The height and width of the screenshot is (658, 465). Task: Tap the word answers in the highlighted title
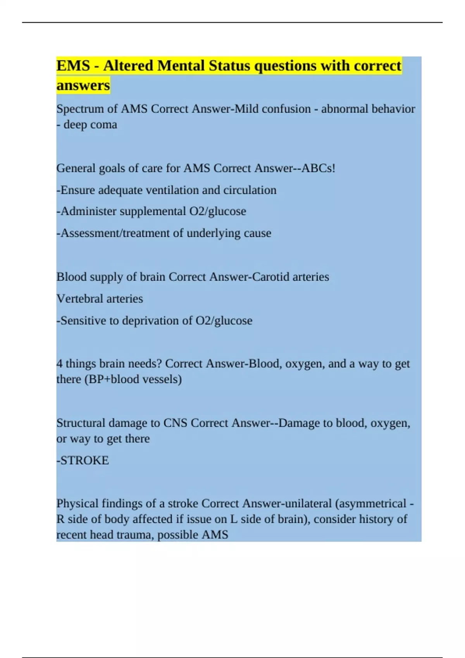click(x=83, y=85)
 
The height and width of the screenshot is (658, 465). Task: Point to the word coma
click(x=103, y=125)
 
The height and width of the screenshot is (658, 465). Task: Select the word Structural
click(x=81, y=423)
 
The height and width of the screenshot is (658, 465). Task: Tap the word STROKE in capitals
click(x=84, y=460)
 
